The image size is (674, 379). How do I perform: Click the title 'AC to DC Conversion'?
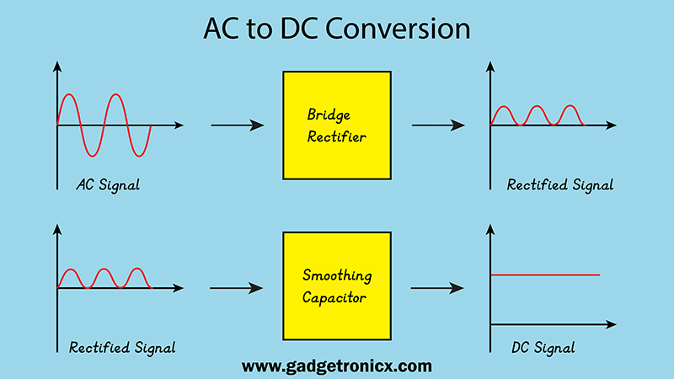pyautogui.click(x=336, y=29)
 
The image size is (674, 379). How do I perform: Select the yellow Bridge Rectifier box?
pyautogui.click(x=337, y=125)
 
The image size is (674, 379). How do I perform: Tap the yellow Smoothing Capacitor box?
pyautogui.click(x=337, y=286)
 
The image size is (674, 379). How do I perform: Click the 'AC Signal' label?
pyautogui.click(x=108, y=185)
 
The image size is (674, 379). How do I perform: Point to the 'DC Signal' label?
pyautogui.click(x=543, y=348)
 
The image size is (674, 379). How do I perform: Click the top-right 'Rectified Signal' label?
pyautogui.click(x=560, y=185)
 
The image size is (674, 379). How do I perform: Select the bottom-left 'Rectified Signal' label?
pyautogui.click(x=122, y=348)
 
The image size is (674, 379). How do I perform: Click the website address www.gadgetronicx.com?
pyautogui.click(x=336, y=366)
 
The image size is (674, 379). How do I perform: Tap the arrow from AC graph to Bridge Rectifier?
pyautogui.click(x=238, y=125)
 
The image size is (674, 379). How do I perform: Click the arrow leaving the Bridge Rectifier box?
pyautogui.click(x=438, y=125)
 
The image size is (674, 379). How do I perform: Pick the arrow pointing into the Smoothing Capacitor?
pyautogui.click(x=237, y=288)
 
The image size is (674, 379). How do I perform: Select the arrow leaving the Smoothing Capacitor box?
pyautogui.click(x=437, y=288)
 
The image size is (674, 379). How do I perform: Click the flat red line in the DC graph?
pyautogui.click(x=545, y=275)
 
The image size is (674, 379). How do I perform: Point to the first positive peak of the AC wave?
pyautogui.click(x=69, y=94)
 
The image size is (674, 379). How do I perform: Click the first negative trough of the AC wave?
pyautogui.click(x=92, y=156)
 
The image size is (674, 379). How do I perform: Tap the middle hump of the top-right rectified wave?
pyautogui.click(x=537, y=107)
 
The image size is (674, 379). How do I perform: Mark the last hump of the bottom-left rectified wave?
pyautogui.click(x=137, y=269)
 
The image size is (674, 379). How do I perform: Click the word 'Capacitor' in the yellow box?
pyautogui.click(x=334, y=298)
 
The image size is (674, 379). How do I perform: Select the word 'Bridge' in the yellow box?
pyautogui.click(x=329, y=115)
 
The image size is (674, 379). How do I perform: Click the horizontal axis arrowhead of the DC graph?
pyautogui.click(x=612, y=324)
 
